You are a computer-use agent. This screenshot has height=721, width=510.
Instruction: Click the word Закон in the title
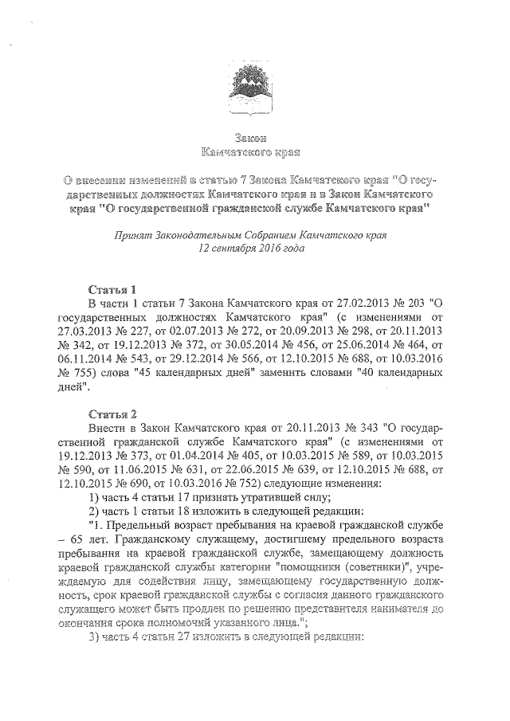pyautogui.click(x=253, y=137)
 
